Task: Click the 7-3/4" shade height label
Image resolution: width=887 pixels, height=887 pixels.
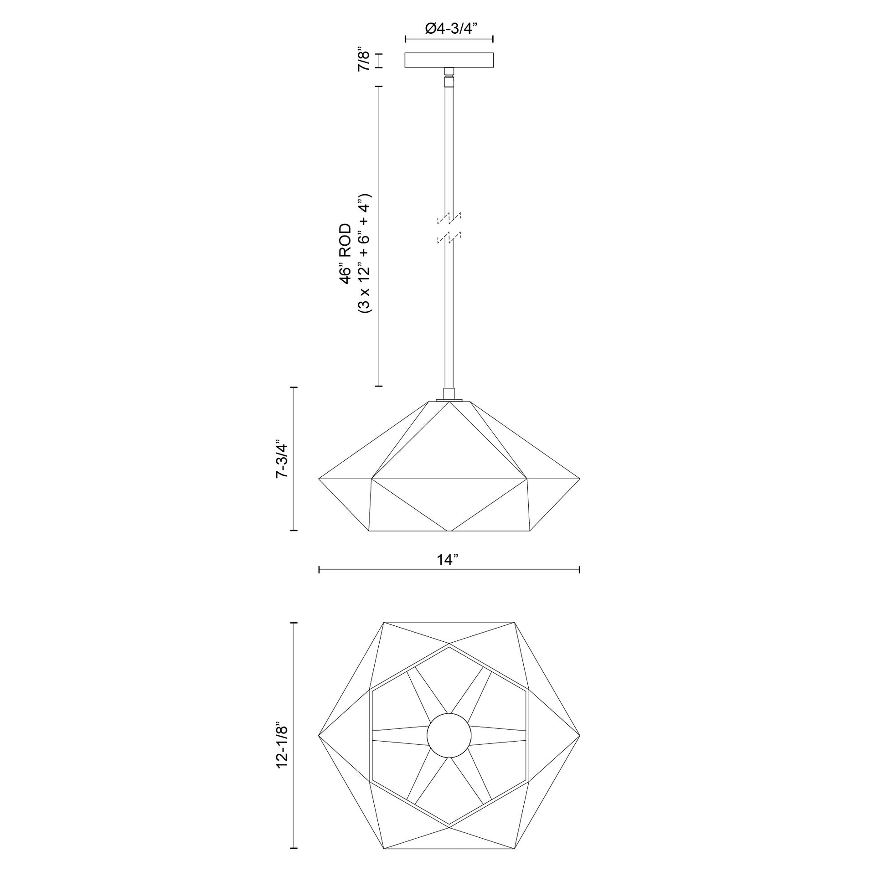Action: pyautogui.click(x=281, y=460)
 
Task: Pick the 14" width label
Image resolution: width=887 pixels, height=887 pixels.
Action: pyautogui.click(x=448, y=560)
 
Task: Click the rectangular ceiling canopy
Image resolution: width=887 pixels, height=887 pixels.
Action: pyautogui.click(x=449, y=60)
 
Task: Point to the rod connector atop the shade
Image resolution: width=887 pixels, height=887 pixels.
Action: pyautogui.click(x=449, y=394)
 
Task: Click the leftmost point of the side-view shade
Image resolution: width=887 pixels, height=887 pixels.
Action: pyautogui.click(x=320, y=479)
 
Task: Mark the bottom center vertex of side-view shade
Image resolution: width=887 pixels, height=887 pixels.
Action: pyautogui.click(x=449, y=531)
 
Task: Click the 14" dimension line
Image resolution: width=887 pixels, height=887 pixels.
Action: pyautogui.click(x=449, y=570)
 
